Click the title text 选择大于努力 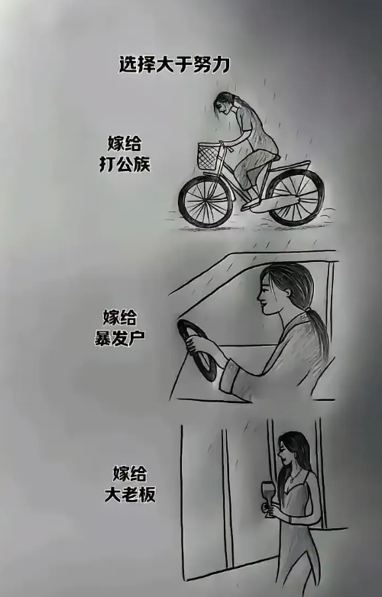174,64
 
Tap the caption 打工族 125,164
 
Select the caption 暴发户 120,337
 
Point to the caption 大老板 130,495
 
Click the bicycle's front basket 209,156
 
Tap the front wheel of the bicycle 206,202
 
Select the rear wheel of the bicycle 296,197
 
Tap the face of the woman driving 269,297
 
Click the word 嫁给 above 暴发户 120,317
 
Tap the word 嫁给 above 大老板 130,474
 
